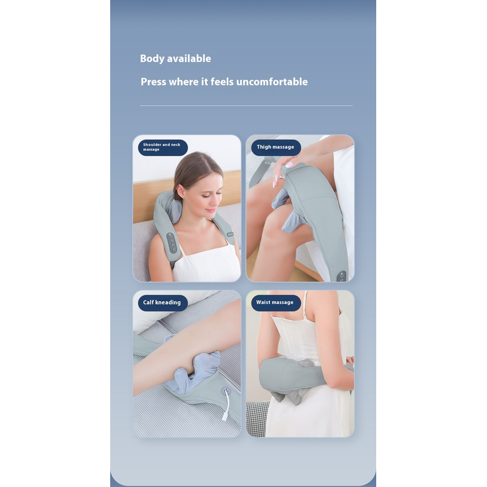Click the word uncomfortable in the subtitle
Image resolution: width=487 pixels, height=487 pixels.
pyautogui.click(x=272, y=82)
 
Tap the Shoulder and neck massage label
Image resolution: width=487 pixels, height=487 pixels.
pyautogui.click(x=163, y=147)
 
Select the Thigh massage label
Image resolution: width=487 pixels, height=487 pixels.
pyautogui.click(x=276, y=147)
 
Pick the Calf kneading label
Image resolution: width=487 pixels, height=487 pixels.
pyautogui.click(x=163, y=303)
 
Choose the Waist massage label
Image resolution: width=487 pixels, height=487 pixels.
pyautogui.click(x=276, y=303)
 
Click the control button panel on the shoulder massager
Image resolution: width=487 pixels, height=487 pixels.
pyautogui.click(x=172, y=243)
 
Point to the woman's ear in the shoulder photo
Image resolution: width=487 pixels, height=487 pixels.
pyautogui.click(x=180, y=191)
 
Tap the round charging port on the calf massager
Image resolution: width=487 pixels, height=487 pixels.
pyautogui.click(x=226, y=391)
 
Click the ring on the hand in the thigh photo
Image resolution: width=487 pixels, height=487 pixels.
pyautogui.click(x=282, y=178)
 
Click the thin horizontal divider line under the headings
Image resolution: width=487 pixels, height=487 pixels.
pyautogui.click(x=246, y=105)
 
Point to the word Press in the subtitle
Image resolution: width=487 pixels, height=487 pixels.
pyautogui.click(x=153, y=82)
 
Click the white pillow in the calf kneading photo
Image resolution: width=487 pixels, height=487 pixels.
pyautogui.click(x=174, y=310)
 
